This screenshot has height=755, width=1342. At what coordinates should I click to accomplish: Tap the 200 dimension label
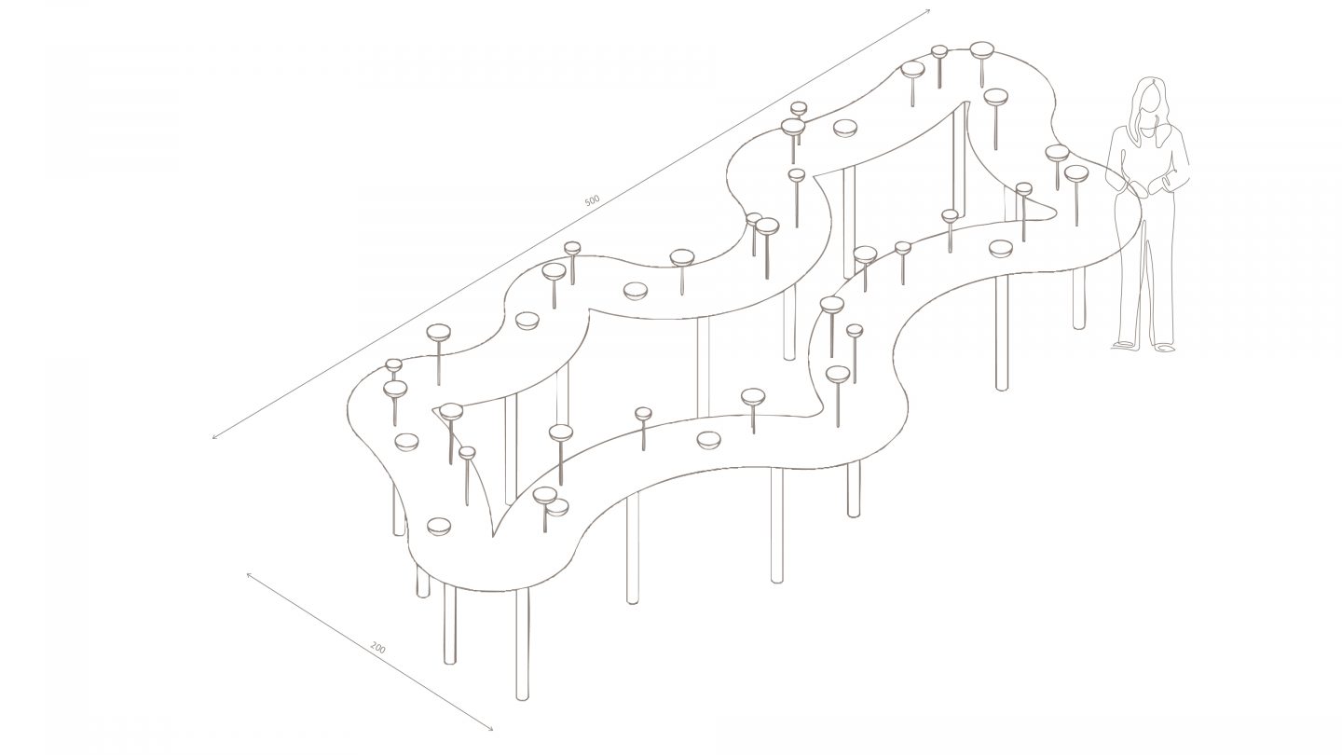click(x=378, y=647)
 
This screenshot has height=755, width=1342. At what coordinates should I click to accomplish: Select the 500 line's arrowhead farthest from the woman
click(x=216, y=435)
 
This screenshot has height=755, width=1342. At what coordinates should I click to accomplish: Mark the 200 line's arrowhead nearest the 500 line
click(x=249, y=576)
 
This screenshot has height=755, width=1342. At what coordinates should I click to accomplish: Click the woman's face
click(x=1150, y=99)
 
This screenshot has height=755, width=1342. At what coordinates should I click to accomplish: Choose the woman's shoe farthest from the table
click(x=1164, y=348)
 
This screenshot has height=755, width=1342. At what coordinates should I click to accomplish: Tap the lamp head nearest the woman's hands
click(x=1076, y=173)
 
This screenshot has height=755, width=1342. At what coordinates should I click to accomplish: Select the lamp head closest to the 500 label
click(x=572, y=248)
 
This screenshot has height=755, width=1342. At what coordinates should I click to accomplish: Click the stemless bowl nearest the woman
click(x=1000, y=248)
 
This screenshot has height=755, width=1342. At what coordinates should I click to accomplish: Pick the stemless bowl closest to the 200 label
click(x=438, y=526)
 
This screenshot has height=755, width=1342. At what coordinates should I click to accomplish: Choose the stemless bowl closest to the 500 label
click(x=635, y=291)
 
